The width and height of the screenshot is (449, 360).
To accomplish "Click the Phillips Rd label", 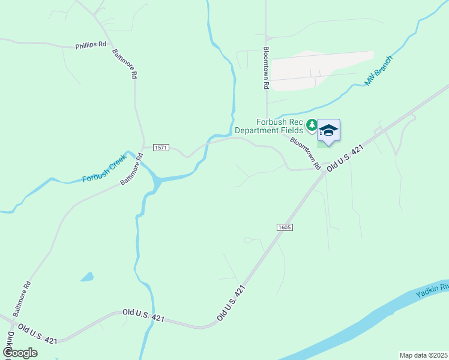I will (91, 45).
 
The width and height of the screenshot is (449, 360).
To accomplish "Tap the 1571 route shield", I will (161, 148).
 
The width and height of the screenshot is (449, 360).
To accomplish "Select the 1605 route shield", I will (285, 227).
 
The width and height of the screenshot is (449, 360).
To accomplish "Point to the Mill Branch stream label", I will (378, 71).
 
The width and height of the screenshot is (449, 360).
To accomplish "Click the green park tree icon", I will (312, 125).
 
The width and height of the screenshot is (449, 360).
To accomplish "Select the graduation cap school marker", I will (328, 130).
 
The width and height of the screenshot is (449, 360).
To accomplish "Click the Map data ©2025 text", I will (423, 355).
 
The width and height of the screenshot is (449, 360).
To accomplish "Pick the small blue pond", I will (88, 277).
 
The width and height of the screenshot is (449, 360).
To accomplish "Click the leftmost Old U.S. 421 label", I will (37, 334).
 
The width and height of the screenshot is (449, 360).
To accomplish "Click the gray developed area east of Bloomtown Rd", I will (321, 69).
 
